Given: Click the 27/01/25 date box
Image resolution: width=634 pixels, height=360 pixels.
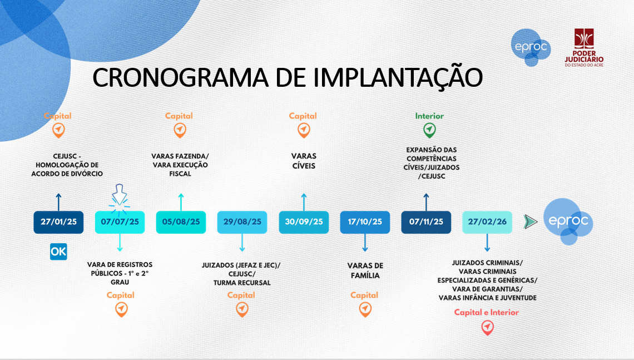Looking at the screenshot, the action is (58, 222).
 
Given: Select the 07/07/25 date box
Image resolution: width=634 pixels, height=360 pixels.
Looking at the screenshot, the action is (120, 222).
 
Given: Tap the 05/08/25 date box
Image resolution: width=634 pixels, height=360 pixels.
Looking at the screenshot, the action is (181, 222).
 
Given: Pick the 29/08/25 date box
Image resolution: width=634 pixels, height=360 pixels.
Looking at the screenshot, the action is (242, 222).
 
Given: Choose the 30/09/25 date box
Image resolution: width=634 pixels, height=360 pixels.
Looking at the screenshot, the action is (304, 222).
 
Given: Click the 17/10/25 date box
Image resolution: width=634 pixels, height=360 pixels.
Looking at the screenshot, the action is (365, 222).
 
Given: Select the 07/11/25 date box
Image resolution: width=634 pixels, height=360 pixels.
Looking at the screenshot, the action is (426, 222).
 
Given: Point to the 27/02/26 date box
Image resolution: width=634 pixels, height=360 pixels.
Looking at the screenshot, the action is (487, 222).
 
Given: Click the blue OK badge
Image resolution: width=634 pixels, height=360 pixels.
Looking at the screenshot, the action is (58, 251).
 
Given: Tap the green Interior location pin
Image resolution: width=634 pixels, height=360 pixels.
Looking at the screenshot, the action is (429, 130).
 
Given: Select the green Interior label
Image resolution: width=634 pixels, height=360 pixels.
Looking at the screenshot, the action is (429, 116).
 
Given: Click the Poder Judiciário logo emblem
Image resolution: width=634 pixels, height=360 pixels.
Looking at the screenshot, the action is (585, 38).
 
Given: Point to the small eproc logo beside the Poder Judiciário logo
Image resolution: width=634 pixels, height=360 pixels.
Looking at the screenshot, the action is (531, 47).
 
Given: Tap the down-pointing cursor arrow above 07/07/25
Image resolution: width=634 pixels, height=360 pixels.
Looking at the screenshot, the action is (119, 194).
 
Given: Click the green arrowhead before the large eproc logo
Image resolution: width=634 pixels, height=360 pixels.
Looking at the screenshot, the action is (531, 221).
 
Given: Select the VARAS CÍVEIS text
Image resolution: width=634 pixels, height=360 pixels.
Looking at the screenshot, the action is (304, 161).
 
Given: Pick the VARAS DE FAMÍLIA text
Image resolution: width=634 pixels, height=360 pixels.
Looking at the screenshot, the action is (365, 270).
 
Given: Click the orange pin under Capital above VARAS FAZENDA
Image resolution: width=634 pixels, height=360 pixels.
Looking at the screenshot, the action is (180, 130).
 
